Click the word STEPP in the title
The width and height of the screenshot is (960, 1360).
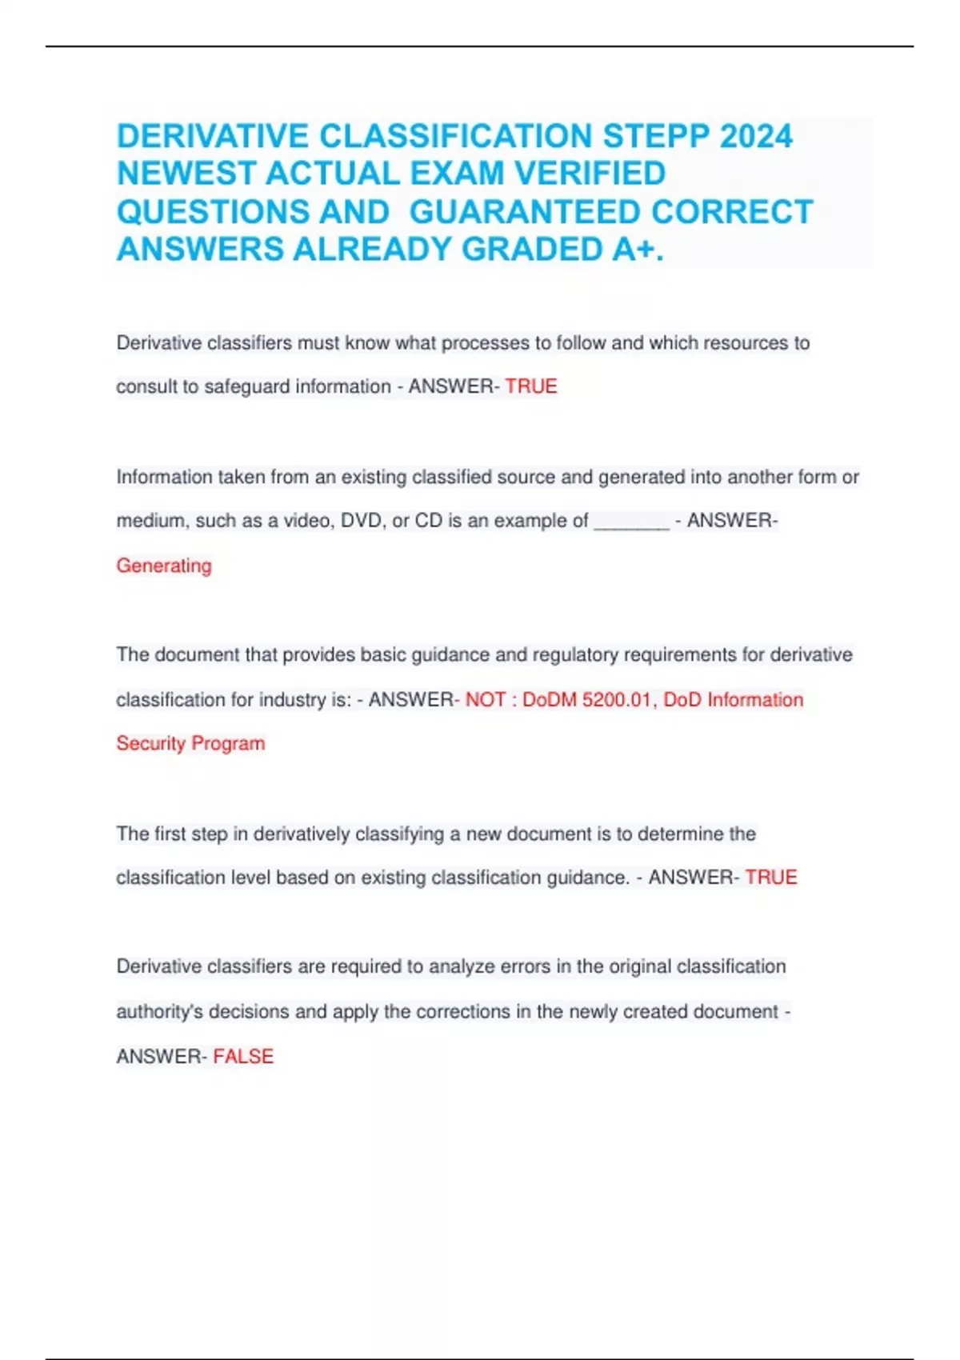point(655,136)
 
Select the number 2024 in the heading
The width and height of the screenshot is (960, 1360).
point(756,136)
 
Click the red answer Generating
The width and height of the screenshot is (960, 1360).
point(164,566)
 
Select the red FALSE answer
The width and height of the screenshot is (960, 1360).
point(243,1056)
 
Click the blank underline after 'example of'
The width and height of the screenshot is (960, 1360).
point(631,522)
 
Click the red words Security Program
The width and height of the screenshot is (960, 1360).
point(190,743)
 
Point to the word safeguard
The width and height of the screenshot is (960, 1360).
point(247,386)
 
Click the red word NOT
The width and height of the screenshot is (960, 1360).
point(486,699)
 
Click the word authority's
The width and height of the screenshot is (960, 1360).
point(159,1011)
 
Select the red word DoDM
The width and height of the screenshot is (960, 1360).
point(550,699)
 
